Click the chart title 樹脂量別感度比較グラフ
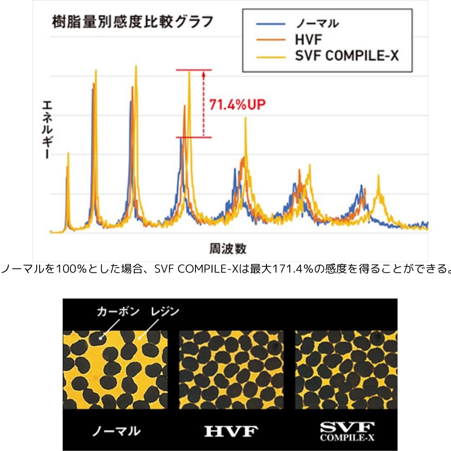coord(133,22)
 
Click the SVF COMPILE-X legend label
coord(346,56)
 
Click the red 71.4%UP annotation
coord(237,104)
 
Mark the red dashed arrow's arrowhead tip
coord(203,72)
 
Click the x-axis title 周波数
coord(227,249)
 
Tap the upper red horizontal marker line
coord(194,70)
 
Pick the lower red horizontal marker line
coord(194,137)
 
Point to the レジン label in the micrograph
coord(164,312)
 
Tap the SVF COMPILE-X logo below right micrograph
coord(347,431)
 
